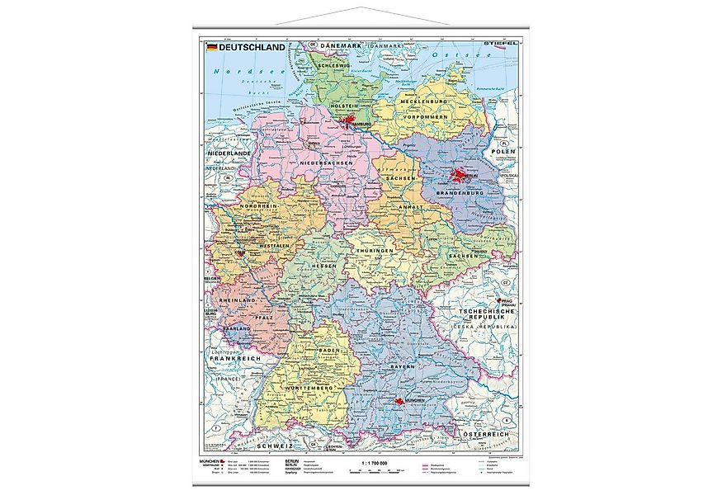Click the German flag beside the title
coord(211,48)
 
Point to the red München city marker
coord(401,403)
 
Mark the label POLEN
coord(504,153)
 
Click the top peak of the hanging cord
coord(361,9)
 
